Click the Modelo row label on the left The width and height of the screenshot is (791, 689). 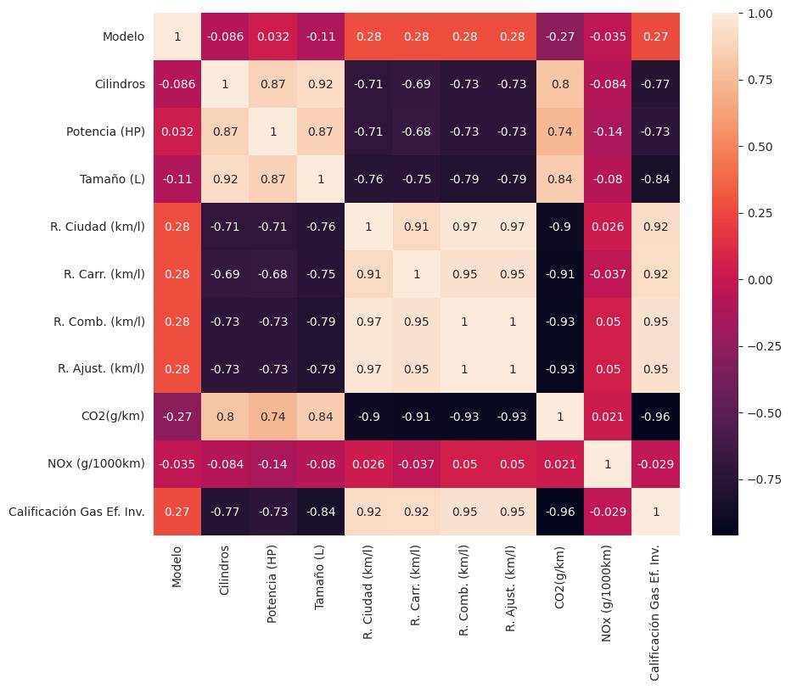click(x=123, y=36)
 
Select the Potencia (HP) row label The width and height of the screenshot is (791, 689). click(x=105, y=132)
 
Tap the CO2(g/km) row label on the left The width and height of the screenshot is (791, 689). click(x=113, y=416)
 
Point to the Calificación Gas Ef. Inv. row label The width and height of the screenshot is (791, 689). click(x=76, y=512)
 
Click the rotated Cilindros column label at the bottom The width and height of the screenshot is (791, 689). click(x=224, y=570)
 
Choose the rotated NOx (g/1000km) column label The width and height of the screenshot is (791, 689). click(x=606, y=594)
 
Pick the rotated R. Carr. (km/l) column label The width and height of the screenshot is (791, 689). click(x=415, y=585)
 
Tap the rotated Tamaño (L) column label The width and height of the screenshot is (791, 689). click(x=319, y=578)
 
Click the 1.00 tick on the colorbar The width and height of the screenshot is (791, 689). click(x=760, y=14)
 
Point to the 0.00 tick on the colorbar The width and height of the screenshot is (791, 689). click(x=760, y=280)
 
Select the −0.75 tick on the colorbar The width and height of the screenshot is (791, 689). click(x=764, y=479)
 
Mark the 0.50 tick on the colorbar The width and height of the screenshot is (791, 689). click(x=760, y=147)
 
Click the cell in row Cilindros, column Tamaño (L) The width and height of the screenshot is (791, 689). click(x=321, y=84)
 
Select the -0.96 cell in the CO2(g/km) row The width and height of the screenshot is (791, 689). click(x=656, y=417)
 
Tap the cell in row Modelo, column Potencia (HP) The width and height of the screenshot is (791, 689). click(x=273, y=36)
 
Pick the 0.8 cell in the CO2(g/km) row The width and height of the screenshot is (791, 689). click(x=225, y=417)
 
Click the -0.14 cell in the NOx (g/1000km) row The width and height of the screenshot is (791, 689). click(x=273, y=464)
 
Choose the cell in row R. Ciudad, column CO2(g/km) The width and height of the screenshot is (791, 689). click(x=560, y=227)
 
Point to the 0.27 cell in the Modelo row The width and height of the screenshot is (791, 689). click(x=656, y=36)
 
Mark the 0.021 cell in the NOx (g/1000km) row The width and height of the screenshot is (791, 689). click(x=560, y=464)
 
